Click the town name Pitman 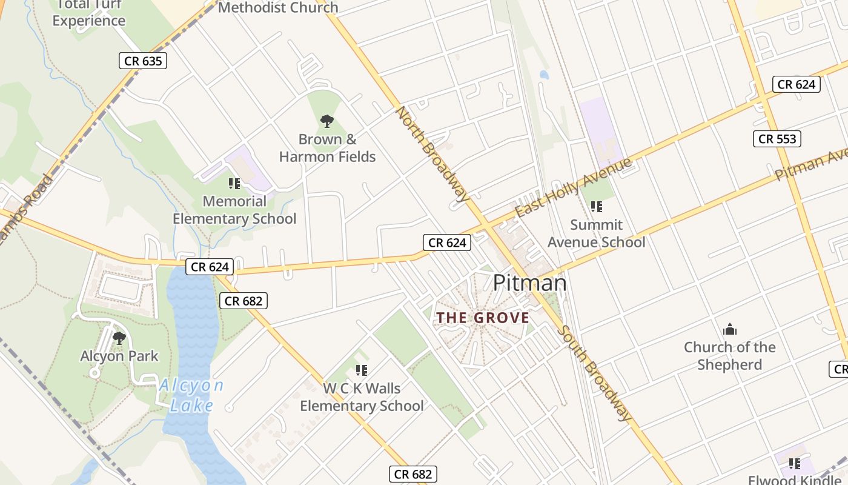pos(529,283)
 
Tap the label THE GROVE pos(483,318)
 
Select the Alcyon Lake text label pos(191,395)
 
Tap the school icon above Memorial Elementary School pos(234,183)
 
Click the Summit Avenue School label pos(596,233)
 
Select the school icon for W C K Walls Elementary pos(362,370)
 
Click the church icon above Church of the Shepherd pos(730,329)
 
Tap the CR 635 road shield pos(142,61)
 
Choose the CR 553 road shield pos(778,139)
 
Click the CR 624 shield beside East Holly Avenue pos(447,243)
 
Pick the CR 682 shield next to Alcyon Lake pos(243,301)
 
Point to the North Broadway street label pos(432,154)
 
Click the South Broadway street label pos(594,373)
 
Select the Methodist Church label pos(278,8)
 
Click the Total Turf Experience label pos(88,13)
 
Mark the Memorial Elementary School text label pos(234,210)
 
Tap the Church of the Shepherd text pos(729,356)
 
